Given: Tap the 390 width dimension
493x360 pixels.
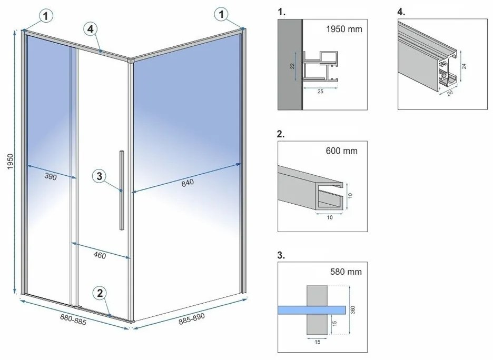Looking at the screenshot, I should (x=50, y=177).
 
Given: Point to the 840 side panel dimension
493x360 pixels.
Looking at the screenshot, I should (x=187, y=183).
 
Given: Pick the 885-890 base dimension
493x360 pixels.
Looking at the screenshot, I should (x=191, y=318).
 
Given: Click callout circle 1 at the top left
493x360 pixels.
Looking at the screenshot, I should (x=46, y=16).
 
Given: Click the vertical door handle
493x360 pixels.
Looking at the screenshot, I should (x=122, y=189).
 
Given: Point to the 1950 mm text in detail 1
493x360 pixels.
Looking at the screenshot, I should (x=344, y=29).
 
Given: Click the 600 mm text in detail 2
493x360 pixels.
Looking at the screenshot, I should (x=342, y=151).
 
